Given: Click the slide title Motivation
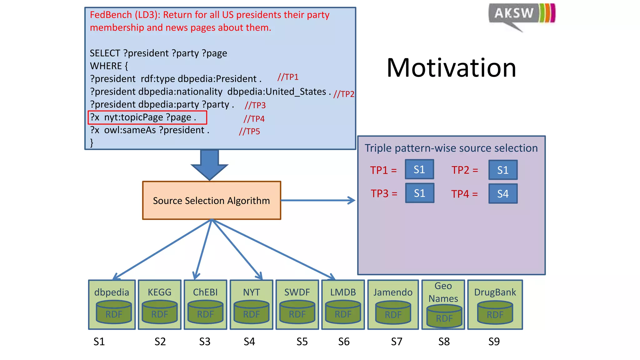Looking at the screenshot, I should pos(451,68).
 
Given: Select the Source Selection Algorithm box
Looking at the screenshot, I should pos(212,200).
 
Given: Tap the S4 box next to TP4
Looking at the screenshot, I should pos(503,194).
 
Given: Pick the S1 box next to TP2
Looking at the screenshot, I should pos(503,170).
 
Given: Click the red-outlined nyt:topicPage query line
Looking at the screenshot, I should pos(147,117).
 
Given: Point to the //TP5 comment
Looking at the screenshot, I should pos(249,132).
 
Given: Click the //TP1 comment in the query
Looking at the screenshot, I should pos(288,77).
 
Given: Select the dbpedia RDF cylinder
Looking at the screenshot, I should pos(114,312).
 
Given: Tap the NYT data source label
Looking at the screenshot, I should pos(251,292).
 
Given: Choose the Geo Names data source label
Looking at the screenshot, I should pos(443,292).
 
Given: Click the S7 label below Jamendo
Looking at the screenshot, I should pos(397,342).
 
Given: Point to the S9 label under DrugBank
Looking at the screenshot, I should pos(494,342).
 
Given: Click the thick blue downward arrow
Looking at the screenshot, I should pos(209,164).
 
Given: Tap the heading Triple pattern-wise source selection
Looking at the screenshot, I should pos(451,148).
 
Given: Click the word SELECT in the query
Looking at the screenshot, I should pos(105,53).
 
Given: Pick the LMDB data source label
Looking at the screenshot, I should pos(343,292).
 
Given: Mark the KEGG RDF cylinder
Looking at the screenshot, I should pos(160,312).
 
